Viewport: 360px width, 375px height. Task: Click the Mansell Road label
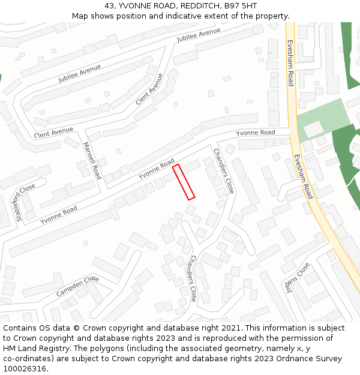tap(92, 161)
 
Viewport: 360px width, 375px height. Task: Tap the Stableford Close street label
tap(26, 203)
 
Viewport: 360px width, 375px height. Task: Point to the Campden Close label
tap(77, 287)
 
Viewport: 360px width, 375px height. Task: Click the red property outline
tap(184, 182)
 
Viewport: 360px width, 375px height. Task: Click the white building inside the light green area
tap(313, 128)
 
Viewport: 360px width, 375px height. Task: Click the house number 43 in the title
tap(108, 5)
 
